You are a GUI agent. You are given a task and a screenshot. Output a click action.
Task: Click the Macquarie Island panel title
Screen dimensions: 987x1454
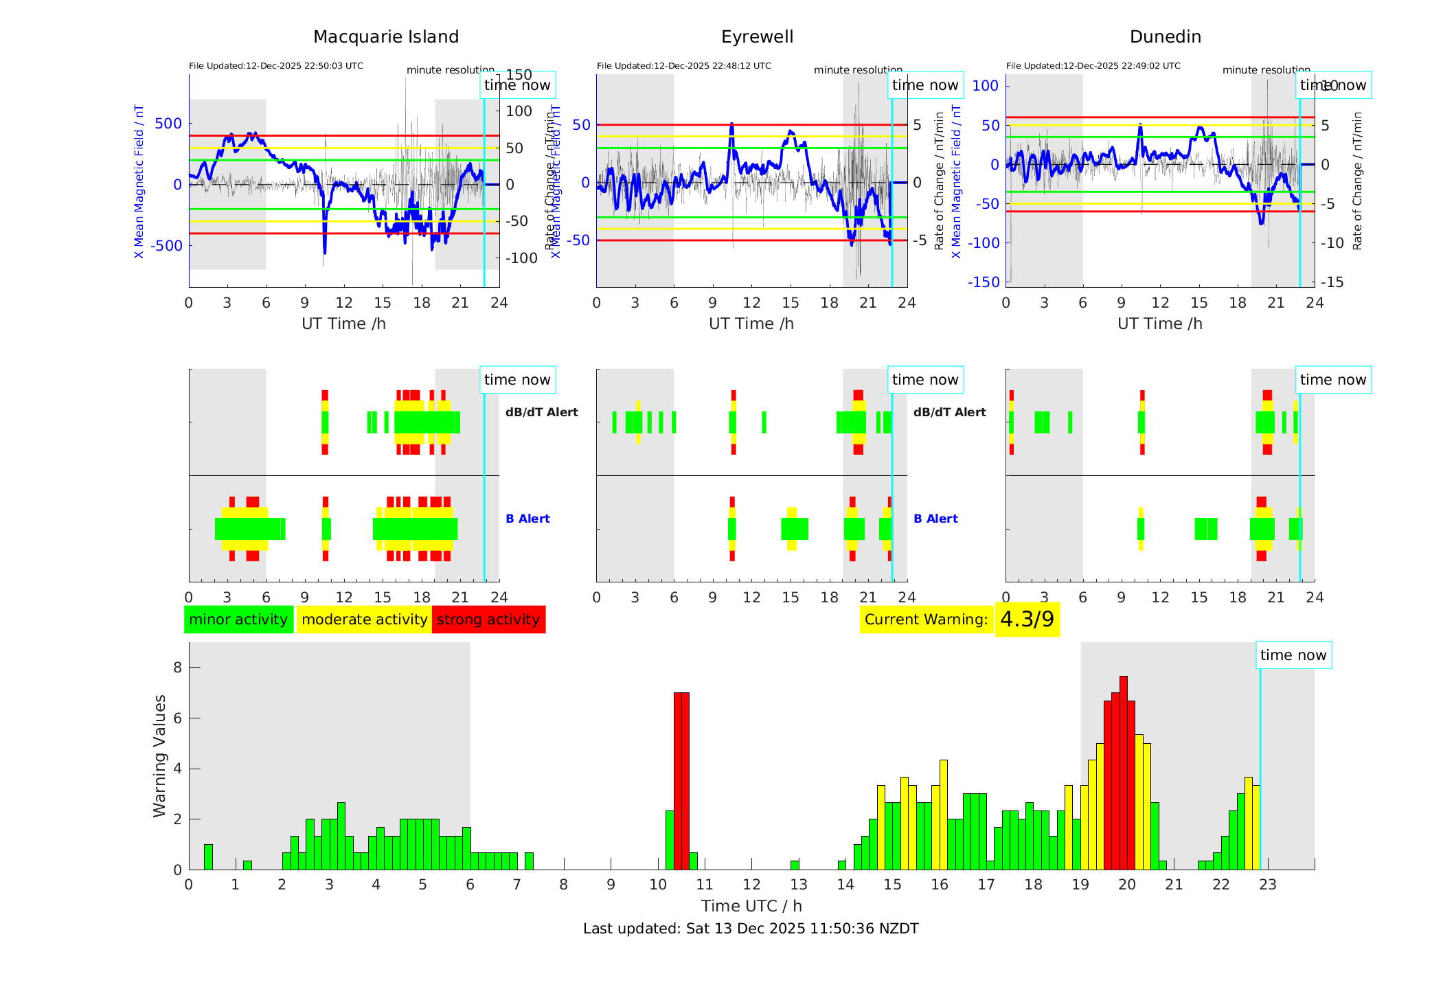[x=385, y=37]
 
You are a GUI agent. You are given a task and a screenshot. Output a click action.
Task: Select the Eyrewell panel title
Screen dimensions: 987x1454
[x=757, y=37]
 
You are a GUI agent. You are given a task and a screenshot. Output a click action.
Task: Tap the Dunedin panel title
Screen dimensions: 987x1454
[x=1165, y=37]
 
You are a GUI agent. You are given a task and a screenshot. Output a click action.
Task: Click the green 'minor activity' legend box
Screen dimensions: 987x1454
[x=238, y=620]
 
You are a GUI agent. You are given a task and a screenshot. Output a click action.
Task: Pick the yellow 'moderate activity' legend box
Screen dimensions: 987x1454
[x=364, y=620]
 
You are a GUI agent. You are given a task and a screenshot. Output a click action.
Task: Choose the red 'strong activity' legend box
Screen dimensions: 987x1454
[x=488, y=620]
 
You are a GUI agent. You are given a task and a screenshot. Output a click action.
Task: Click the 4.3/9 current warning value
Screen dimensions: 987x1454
[x=1027, y=620]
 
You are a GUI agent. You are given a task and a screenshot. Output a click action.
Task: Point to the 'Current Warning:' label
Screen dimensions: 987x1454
[x=926, y=620]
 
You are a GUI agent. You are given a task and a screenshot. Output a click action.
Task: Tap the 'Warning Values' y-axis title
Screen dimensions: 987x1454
[x=159, y=756]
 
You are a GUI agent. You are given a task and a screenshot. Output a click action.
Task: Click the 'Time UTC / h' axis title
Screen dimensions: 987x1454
[x=751, y=906]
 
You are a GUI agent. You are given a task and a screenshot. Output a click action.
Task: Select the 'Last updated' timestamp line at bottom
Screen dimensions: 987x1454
[x=751, y=929]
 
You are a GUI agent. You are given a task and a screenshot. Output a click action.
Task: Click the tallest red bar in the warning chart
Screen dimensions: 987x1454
[x=1124, y=773]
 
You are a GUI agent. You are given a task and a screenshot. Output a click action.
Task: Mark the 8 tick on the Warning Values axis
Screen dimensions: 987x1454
[x=178, y=668]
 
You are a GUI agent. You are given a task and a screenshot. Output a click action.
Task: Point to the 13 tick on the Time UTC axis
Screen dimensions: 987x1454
[x=798, y=885]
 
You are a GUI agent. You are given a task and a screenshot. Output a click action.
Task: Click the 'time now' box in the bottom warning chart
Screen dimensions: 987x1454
[x=1293, y=655]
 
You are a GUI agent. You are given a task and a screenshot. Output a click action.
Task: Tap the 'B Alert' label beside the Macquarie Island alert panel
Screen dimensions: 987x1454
[x=527, y=519]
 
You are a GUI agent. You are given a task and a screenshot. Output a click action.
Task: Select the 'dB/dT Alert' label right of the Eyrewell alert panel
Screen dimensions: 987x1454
[x=949, y=412]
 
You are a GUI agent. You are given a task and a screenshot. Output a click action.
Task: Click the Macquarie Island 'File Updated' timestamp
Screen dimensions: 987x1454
[x=276, y=66]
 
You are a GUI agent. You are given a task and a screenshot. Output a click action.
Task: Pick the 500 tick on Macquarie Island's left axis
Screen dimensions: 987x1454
[x=168, y=124]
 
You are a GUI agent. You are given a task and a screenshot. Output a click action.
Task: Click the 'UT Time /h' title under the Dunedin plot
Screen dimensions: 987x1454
[x=1159, y=324]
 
